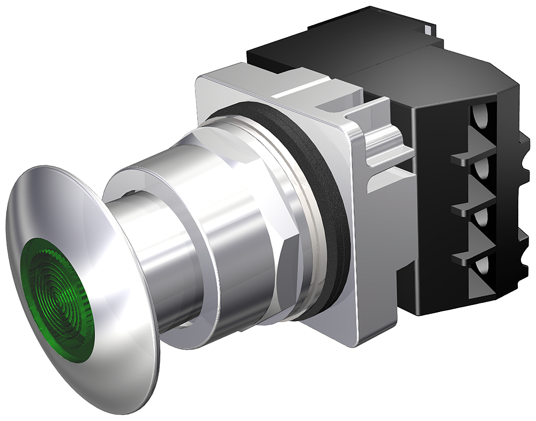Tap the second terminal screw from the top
point(481,171)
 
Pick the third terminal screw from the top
point(481,217)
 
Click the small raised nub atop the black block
point(427,27)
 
